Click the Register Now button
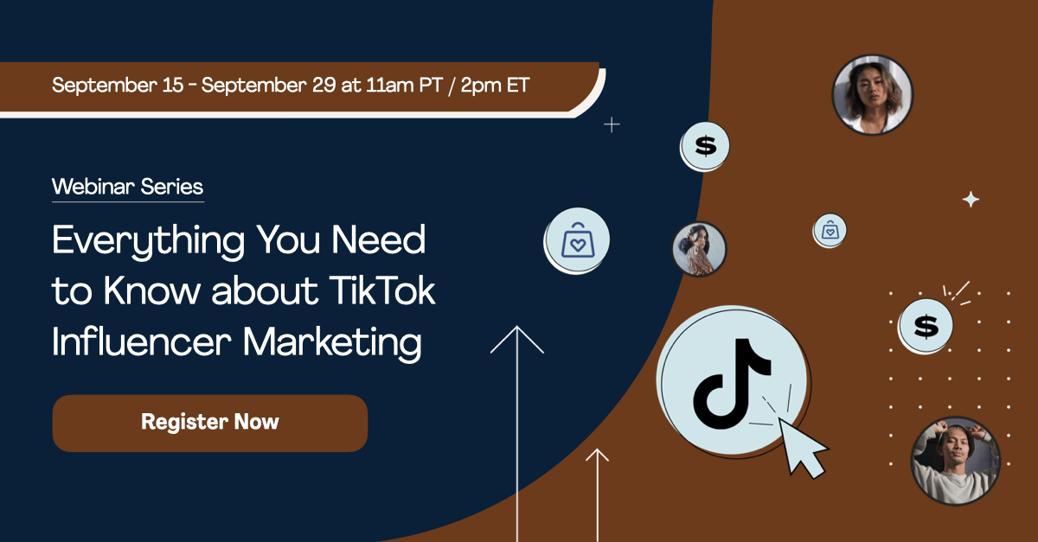coord(210,423)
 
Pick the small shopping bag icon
coord(830,230)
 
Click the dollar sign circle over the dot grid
coord(926,326)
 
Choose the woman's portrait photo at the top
coord(872,94)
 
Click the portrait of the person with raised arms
coord(955,461)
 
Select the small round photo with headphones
coord(699,250)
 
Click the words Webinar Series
coord(127,186)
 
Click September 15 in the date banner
coord(109,85)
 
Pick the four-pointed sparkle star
coord(971,200)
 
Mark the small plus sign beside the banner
coord(612,124)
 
